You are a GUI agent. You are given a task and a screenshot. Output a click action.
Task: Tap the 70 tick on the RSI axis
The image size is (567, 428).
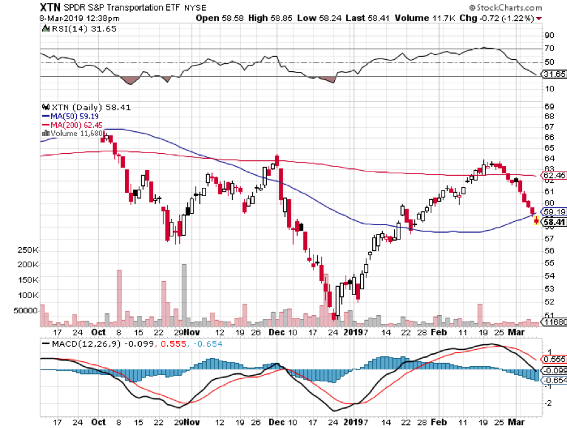point(549,49)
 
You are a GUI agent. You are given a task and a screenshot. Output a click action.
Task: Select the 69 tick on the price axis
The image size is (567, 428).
point(549,106)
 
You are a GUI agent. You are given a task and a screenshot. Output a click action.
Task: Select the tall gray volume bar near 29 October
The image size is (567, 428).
point(184,294)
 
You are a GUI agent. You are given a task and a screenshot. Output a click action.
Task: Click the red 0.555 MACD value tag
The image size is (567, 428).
point(552,357)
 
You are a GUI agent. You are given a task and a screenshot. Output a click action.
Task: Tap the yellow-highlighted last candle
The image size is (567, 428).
point(536,220)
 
